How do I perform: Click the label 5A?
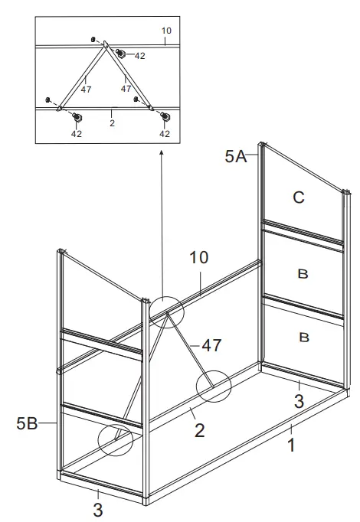coord(235,157)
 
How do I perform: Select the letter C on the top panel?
coord(299,197)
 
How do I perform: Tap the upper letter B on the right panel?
coord(302,274)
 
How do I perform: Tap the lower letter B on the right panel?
coord(302,336)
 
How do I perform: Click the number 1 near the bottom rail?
coord(292,445)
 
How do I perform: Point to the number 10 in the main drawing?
coord(199,258)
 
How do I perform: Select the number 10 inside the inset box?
coord(167,31)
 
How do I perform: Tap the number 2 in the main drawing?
coord(199,430)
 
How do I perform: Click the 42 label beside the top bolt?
coord(139,55)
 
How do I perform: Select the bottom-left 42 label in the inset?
coord(77,133)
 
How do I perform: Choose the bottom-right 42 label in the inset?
coord(164,133)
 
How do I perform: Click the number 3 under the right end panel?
coord(299,400)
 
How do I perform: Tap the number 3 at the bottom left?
coord(98,508)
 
